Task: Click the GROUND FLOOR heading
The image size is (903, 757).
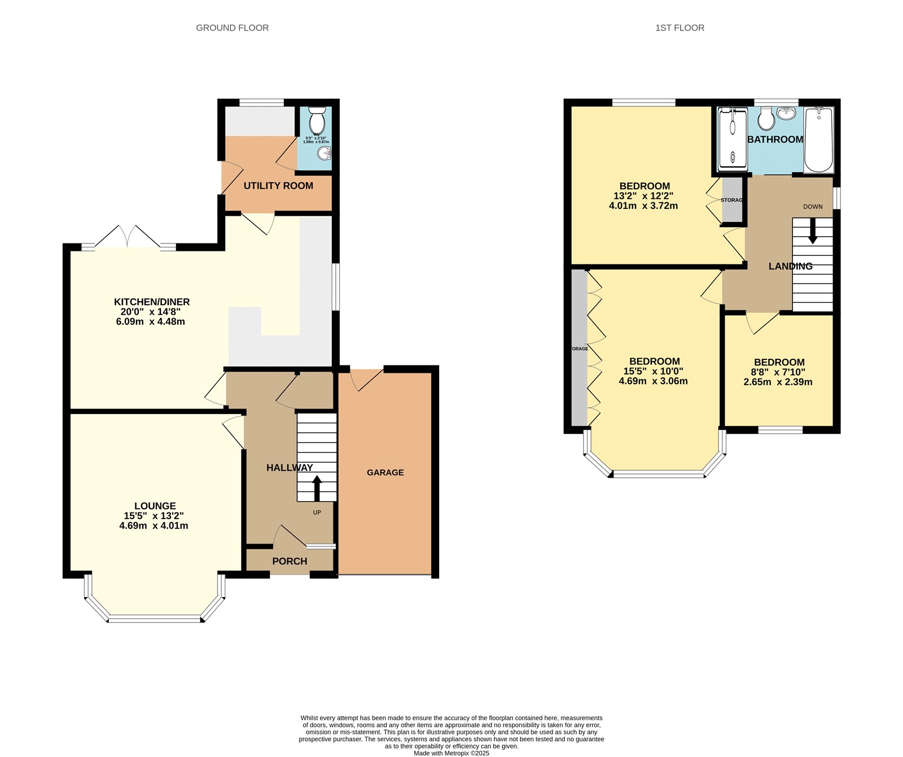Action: point(232,28)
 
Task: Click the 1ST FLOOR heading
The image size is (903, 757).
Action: point(680,28)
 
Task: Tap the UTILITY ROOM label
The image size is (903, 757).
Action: point(278,185)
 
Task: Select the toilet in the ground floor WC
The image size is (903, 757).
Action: point(318,119)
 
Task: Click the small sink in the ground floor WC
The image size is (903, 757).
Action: point(325,154)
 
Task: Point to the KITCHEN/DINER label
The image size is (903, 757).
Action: point(152,302)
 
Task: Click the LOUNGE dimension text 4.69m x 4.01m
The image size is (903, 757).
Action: point(154,525)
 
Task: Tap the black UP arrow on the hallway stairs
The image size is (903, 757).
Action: point(317,488)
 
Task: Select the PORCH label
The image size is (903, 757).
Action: point(290,561)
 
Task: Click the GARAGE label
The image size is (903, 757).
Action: point(385,472)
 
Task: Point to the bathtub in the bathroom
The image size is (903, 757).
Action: point(818,140)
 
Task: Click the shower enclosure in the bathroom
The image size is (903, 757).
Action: point(733,140)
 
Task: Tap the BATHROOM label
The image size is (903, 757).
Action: point(775,139)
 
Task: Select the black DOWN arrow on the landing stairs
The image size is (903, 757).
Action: point(813,232)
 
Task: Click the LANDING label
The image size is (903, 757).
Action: point(790,266)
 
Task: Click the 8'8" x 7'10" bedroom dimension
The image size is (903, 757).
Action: point(778,372)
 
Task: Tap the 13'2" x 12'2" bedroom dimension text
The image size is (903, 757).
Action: point(643,196)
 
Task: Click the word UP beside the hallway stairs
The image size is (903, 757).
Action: point(317,512)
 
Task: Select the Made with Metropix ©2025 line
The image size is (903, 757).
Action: point(451,753)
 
